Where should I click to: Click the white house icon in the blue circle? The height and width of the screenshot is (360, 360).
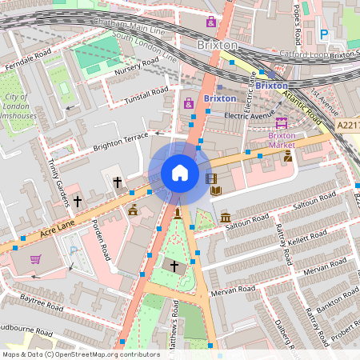[180, 173]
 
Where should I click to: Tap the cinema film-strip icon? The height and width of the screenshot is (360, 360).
[211, 178]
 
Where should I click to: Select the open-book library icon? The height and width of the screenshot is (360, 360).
[215, 190]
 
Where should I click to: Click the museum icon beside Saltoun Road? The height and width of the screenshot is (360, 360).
[226, 218]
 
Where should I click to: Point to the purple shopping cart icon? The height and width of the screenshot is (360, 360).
[35, 259]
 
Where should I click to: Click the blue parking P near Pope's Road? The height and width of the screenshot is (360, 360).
[324, 34]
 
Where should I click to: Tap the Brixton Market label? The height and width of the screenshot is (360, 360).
[281, 140]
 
